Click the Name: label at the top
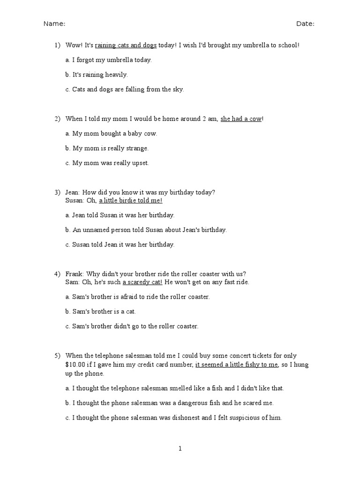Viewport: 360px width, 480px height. pos(54,24)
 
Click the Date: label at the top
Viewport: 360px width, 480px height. pos(305,24)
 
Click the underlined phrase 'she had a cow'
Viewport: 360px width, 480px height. pos(241,119)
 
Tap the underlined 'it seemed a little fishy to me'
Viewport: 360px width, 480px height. pos(237,365)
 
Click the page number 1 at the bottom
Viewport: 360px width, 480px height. pos(180,449)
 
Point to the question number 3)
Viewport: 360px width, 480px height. pos(57,192)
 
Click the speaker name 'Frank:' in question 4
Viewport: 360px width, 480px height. pos(75,274)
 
